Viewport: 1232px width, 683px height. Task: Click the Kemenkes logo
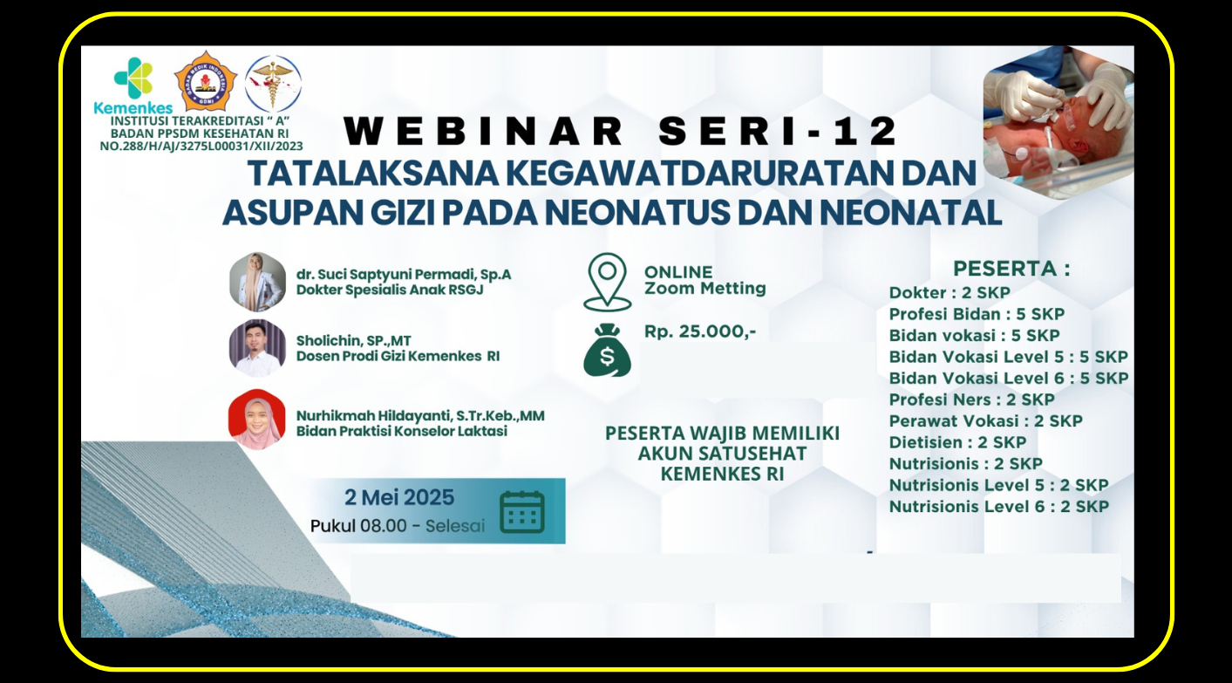pos(133,85)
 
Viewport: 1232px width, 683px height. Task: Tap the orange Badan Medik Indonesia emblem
pos(206,81)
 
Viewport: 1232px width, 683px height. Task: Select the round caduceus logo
pos(273,84)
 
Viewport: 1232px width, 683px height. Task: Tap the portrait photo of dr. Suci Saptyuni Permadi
pos(257,282)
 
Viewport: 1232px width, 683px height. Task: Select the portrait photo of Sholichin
pos(257,348)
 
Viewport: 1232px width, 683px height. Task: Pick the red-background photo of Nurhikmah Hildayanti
pos(257,419)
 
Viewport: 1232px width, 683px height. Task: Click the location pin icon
pos(607,282)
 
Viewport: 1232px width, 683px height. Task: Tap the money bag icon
pos(607,350)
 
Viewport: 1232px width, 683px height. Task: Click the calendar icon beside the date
pos(522,512)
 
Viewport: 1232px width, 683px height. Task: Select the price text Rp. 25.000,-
pos(700,331)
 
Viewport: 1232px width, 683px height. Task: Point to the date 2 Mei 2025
pos(399,497)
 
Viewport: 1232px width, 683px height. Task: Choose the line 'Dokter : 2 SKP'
pos(950,293)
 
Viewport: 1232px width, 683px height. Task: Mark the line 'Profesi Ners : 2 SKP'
pos(972,400)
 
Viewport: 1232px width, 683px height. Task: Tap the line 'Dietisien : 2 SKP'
pos(957,442)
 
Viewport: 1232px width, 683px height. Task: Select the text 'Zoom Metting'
pos(705,289)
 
